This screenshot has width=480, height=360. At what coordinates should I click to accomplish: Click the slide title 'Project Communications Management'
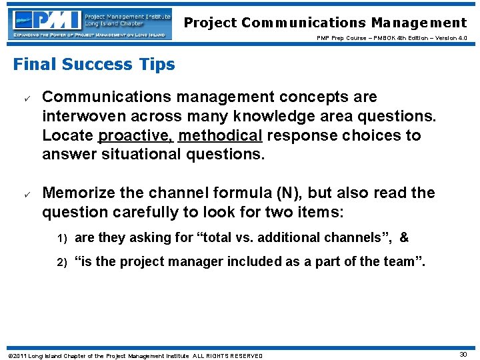[325, 23]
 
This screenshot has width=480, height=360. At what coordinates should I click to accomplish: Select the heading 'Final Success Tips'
[94, 65]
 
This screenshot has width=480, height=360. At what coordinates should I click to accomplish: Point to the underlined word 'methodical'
[221, 136]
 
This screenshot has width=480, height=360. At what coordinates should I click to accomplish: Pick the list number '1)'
[61, 237]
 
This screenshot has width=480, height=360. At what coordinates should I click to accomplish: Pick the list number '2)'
[61, 262]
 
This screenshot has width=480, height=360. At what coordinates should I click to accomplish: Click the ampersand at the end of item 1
[403, 237]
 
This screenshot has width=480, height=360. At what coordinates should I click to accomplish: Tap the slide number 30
[463, 355]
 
